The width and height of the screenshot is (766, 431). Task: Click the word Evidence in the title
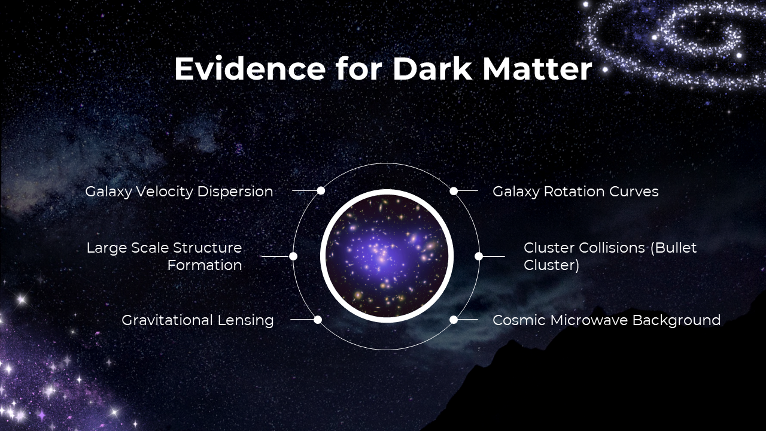tap(250, 69)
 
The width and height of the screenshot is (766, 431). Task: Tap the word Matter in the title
tap(537, 69)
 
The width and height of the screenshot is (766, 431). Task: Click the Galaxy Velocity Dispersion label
tap(179, 192)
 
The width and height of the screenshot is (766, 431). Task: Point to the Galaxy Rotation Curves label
tap(576, 192)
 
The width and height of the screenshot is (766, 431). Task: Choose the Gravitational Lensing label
tap(197, 320)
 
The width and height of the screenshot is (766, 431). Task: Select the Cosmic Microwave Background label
tap(607, 320)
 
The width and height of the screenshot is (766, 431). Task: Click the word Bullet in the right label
tap(673, 248)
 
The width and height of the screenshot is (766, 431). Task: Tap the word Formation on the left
tap(205, 265)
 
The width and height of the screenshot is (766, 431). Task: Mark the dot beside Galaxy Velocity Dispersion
tap(321, 190)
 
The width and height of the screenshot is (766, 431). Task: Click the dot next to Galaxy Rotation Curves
tap(454, 191)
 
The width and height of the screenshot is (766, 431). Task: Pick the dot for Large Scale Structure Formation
tap(293, 256)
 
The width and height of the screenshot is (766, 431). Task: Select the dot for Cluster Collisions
tap(479, 256)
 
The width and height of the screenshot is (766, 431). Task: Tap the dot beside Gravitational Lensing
tap(318, 320)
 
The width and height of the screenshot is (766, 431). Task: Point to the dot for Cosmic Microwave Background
tap(454, 320)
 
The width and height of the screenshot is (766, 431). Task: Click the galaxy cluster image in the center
tap(387, 256)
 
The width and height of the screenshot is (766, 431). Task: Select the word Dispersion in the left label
tap(235, 192)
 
